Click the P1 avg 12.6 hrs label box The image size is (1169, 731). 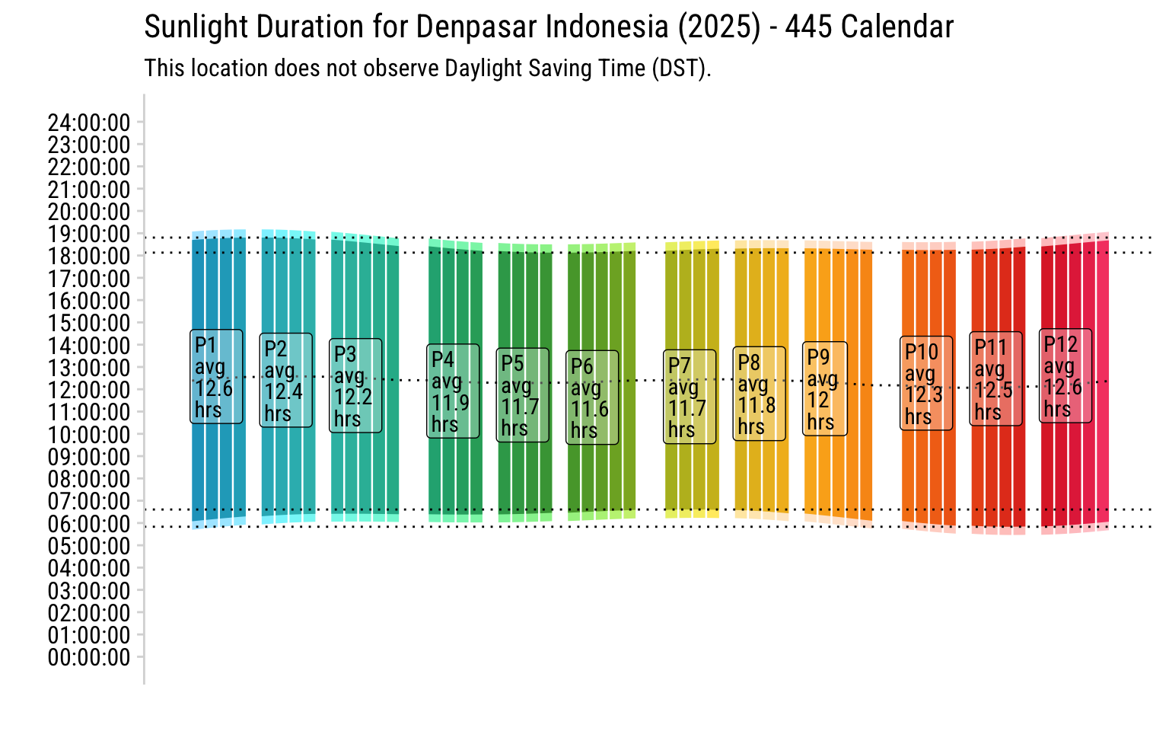tap(216, 376)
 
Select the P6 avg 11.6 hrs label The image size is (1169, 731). tap(592, 397)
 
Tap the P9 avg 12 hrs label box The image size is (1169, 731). tap(824, 388)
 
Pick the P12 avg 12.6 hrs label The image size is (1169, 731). tap(1065, 375)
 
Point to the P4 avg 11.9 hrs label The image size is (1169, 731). tap(453, 391)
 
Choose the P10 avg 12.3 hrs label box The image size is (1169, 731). tap(926, 383)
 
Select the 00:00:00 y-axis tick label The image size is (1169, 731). tap(89, 657)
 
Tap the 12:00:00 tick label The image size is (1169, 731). tap(89, 390)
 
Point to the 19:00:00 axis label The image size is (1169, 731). tap(89, 234)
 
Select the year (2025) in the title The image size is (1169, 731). tap(719, 27)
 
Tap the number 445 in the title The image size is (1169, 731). tap(808, 27)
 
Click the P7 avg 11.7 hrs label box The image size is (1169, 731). tap(690, 397)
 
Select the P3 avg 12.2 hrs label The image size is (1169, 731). tap(355, 386)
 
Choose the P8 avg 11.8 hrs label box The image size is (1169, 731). tap(760, 394)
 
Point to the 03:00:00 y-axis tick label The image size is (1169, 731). tap(89, 591)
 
